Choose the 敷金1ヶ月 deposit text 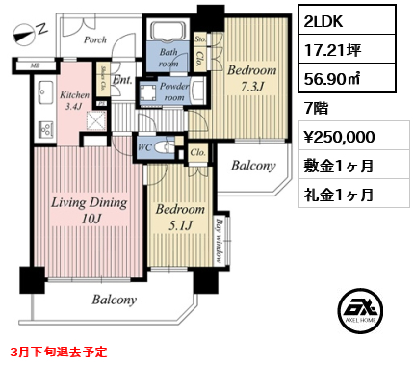(x=339, y=165)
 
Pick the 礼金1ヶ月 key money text (x=339, y=194)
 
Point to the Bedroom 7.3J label (x=252, y=78)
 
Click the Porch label (x=94, y=40)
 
